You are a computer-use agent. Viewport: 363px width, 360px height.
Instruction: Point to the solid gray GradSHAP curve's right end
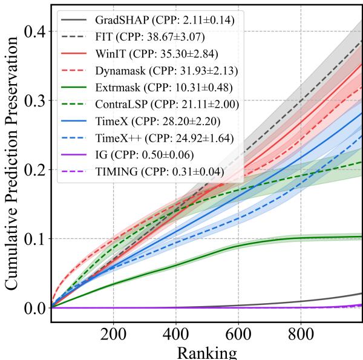[x=361, y=293]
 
